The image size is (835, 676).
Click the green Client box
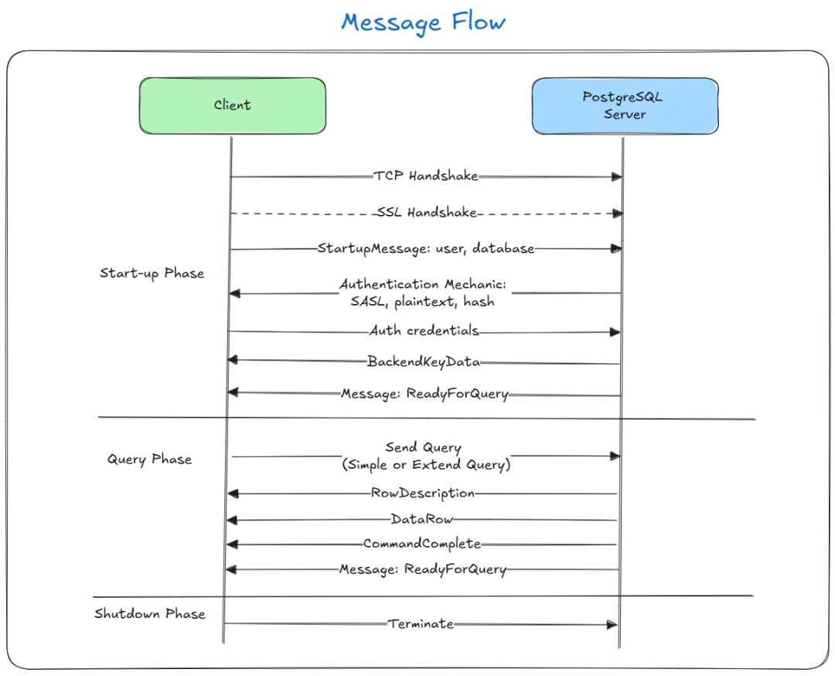pos(232,105)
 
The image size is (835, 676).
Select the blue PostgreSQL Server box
pos(625,105)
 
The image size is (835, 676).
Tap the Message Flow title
pos(424,22)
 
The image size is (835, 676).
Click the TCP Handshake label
pos(425,176)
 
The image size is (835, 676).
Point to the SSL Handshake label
pos(427,212)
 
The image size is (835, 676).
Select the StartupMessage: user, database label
pos(426,249)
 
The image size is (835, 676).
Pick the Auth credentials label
pos(424,331)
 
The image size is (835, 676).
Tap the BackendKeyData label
pos(424,362)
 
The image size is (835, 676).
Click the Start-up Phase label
pos(152,273)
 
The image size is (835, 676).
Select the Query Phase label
pos(150,459)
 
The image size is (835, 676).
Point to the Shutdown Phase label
pos(150,613)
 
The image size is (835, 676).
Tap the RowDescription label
pos(423,493)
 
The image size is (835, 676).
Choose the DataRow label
pos(422,519)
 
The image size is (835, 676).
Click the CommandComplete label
pos(422,544)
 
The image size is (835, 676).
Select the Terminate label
pos(421,624)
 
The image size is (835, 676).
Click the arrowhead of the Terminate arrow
pos(612,625)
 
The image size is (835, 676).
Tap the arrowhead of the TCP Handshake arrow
pos(617,177)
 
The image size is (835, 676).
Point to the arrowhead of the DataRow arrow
pos(232,520)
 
